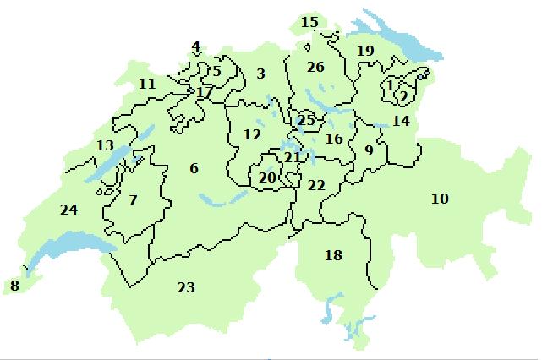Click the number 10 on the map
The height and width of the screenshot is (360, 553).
(440, 199)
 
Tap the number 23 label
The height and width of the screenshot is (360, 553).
(186, 287)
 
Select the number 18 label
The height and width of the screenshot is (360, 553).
(334, 254)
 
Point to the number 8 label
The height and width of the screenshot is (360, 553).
(14, 286)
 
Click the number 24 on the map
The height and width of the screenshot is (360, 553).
(68, 209)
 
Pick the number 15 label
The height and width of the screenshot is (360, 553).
(310, 21)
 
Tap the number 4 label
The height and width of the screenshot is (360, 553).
(196, 46)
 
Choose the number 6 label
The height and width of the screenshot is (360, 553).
(194, 169)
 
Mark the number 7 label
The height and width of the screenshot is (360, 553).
(133, 200)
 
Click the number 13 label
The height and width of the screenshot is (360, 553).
(105, 145)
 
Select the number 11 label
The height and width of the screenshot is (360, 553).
(147, 84)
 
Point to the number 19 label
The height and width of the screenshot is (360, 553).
(365, 51)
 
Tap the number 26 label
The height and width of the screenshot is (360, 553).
(315, 66)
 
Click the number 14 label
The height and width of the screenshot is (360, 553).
(401, 121)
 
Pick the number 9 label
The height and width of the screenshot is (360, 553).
(368, 150)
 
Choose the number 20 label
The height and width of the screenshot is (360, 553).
(267, 177)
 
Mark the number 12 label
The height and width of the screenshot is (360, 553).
(252, 134)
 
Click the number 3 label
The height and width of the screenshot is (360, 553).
(261, 74)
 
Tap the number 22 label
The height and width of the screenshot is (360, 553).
(316, 184)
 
